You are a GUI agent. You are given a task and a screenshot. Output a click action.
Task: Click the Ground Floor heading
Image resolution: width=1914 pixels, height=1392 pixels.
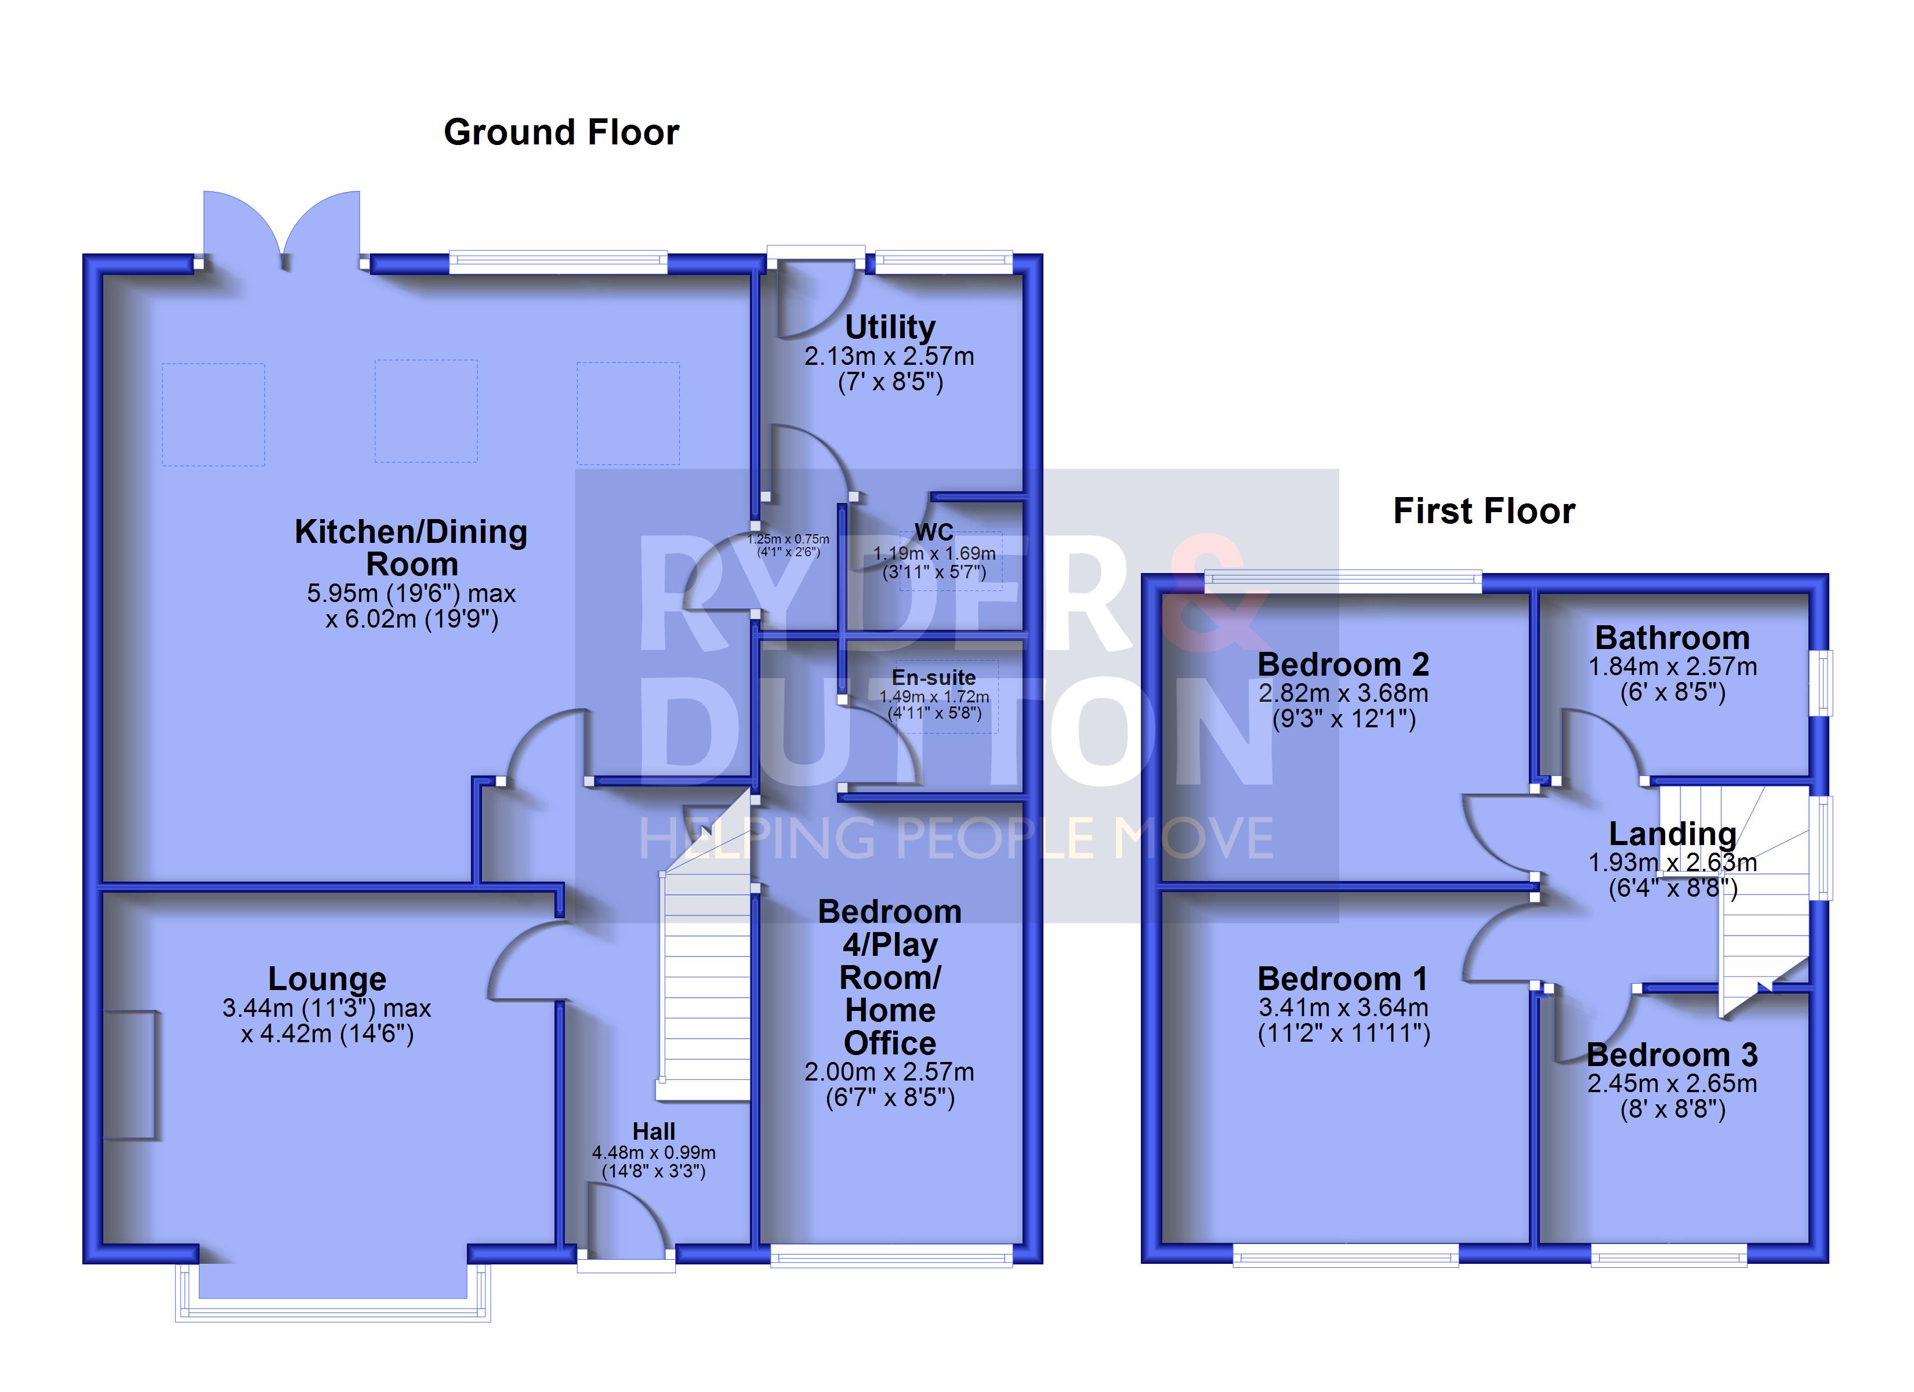561,133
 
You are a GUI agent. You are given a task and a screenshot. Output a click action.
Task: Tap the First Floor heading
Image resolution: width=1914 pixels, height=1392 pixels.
1484,512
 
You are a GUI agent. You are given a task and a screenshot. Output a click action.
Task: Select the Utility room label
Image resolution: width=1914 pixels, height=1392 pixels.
890,327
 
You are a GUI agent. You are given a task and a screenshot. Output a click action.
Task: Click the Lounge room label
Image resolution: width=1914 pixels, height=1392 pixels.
328,979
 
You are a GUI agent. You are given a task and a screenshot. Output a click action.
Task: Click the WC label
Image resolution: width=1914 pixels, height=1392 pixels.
934,532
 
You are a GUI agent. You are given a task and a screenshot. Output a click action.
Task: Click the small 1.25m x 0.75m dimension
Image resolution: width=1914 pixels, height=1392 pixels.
788,539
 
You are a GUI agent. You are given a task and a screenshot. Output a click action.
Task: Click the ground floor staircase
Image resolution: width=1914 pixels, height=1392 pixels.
705,945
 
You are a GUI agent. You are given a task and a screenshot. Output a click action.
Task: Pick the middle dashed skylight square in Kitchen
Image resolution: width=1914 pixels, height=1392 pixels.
426,411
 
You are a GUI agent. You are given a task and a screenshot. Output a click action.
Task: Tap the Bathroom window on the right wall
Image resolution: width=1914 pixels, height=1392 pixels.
1822,683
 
